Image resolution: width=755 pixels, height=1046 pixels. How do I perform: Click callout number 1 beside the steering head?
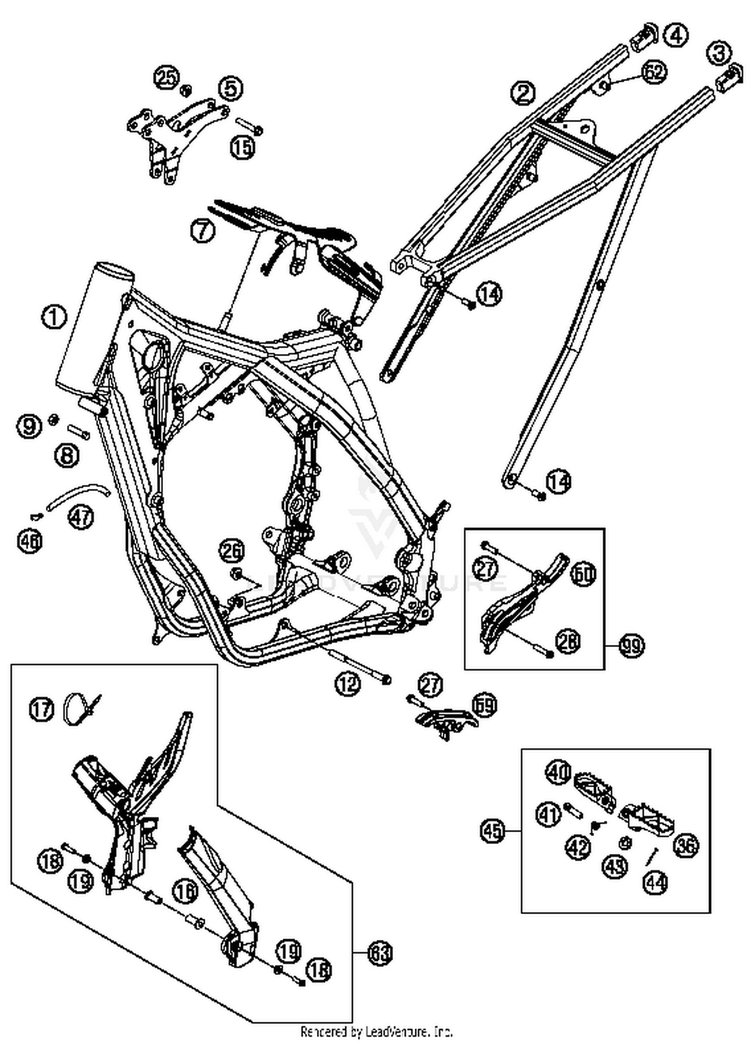(x=54, y=318)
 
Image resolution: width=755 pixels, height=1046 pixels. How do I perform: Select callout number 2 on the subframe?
(x=523, y=93)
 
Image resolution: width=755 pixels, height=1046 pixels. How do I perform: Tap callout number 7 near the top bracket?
(x=203, y=231)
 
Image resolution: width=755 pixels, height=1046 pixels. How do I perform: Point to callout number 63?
(x=381, y=953)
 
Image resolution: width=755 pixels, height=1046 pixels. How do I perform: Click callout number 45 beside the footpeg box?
(x=492, y=830)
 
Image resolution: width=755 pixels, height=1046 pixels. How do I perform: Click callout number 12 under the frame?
(x=348, y=683)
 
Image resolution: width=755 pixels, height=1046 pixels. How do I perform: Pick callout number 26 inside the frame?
(x=233, y=551)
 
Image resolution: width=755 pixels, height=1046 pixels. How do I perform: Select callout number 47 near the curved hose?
(x=82, y=516)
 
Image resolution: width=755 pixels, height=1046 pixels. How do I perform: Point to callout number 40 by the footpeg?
(x=559, y=773)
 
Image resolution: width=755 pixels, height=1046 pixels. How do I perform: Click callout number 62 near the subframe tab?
(x=654, y=72)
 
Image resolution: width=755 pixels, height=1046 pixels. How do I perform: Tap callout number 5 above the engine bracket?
(x=231, y=88)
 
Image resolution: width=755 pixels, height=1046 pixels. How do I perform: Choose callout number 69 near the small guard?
(x=484, y=705)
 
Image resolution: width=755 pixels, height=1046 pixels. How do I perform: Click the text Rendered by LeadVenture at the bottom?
(x=376, y=1031)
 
